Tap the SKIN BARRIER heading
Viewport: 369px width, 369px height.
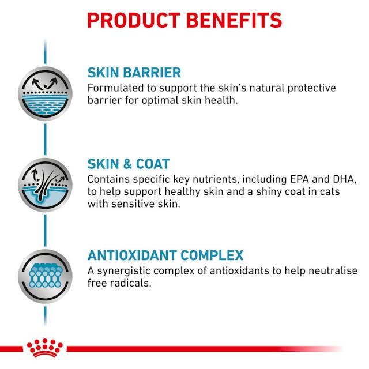(x=134, y=73)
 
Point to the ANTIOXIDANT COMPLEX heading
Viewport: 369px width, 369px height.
(x=165, y=255)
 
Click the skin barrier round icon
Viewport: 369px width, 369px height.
(x=45, y=93)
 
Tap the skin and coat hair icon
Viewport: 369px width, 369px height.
(x=45, y=184)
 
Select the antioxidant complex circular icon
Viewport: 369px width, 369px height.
(x=45, y=276)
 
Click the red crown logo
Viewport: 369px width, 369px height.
(x=44, y=348)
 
